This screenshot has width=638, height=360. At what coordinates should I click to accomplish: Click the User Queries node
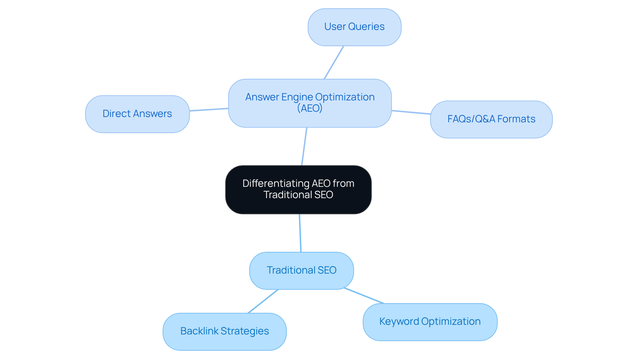pyautogui.click(x=354, y=27)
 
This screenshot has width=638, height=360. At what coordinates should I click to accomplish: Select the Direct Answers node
pyautogui.click(x=137, y=114)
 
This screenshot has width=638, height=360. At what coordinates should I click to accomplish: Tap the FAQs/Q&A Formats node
pyautogui.click(x=491, y=119)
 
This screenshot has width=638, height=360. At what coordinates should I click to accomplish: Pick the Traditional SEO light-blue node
pyautogui.click(x=301, y=270)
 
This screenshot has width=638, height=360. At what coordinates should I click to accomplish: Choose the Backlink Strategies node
pyautogui.click(x=224, y=331)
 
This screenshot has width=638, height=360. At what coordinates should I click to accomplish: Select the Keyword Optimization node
pyautogui.click(x=430, y=322)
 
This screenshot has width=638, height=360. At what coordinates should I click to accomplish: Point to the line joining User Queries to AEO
pyautogui.click(x=334, y=62)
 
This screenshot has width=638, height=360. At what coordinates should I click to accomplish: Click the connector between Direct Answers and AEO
pyautogui.click(x=209, y=110)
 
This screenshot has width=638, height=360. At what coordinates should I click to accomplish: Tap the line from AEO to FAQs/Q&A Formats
pyautogui.click(x=411, y=112)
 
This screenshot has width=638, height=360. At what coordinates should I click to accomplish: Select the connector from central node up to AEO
pyautogui.click(x=304, y=146)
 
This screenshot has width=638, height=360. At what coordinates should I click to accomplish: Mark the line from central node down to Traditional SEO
pyautogui.click(x=300, y=233)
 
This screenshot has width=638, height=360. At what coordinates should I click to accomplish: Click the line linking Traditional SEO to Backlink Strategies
pyautogui.click(x=263, y=301)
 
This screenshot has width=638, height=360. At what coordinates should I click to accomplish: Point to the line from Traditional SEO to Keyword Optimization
pyautogui.click(x=364, y=296)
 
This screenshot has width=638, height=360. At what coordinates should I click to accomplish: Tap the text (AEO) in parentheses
pyautogui.click(x=310, y=108)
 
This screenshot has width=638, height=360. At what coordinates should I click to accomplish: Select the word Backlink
pyautogui.click(x=199, y=331)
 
